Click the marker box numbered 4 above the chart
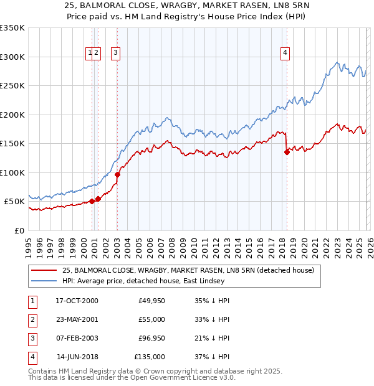285,54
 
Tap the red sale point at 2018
287,151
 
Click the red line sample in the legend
43,270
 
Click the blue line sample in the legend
43,281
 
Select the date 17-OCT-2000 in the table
77,301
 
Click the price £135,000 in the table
150,357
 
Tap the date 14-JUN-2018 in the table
77,357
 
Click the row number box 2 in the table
31,319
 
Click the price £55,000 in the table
151,319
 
